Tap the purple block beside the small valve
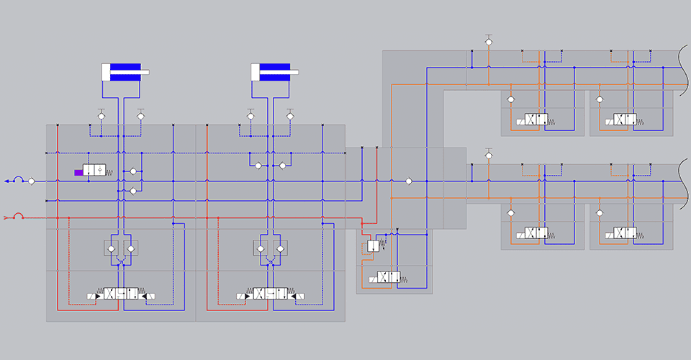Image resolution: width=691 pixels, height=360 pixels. (78, 172)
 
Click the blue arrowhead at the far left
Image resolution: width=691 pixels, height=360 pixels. (7, 181)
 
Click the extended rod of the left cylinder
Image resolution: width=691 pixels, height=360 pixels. (145, 72)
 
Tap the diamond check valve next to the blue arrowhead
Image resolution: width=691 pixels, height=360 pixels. (32, 181)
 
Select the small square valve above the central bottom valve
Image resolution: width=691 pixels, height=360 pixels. (373, 246)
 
